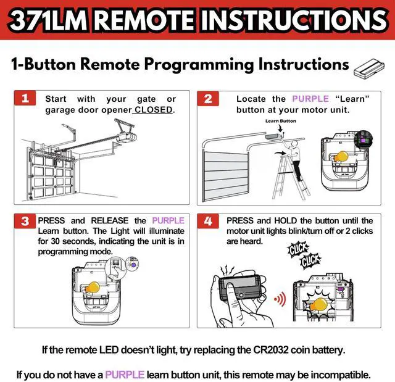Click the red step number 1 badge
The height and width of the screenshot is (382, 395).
(25, 98)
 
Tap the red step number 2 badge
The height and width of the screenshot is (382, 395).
(208, 99)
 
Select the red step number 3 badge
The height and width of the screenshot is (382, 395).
(25, 221)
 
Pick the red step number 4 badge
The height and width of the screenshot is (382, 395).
(208, 221)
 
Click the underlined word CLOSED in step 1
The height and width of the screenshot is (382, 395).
(154, 110)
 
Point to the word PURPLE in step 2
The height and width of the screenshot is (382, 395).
(310, 99)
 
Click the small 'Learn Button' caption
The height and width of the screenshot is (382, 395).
(281, 121)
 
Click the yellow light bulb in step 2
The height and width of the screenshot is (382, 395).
(341, 157)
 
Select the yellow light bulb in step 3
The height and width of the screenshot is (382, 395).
(93, 288)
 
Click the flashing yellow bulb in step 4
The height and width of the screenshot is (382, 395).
(319, 304)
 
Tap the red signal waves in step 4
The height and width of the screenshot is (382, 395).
(280, 299)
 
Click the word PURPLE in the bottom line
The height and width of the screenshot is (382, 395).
(125, 375)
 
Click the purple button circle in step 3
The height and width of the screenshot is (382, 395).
(133, 265)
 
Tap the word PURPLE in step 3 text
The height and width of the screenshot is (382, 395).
(168, 220)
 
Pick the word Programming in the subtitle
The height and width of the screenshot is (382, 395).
(199, 65)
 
